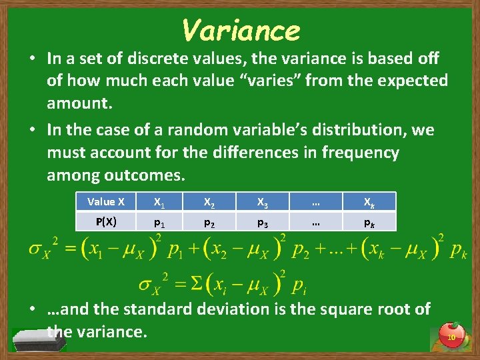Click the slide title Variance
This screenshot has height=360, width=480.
pyautogui.click(x=241, y=30)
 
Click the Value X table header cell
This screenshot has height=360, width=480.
pyautogui.click(x=106, y=201)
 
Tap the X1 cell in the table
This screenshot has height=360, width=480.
pyautogui.click(x=159, y=201)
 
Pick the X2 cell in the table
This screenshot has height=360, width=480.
pyautogui.click(x=209, y=201)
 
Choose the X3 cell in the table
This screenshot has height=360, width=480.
pyautogui.click(x=262, y=201)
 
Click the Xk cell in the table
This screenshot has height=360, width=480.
pyautogui.click(x=368, y=201)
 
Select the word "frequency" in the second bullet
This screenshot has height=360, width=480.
pyautogui.click(x=361, y=153)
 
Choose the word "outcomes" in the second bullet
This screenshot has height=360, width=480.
pyautogui.click(x=143, y=175)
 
